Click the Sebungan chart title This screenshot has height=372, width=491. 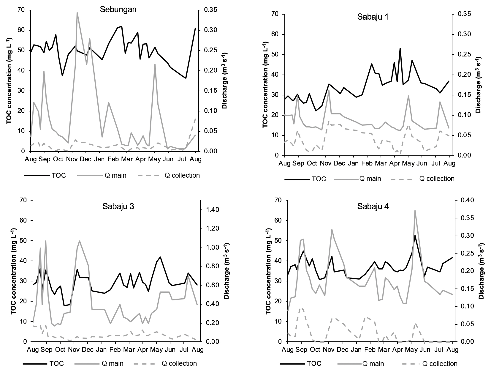coord(118,9)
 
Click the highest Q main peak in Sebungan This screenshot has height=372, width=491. coord(77,13)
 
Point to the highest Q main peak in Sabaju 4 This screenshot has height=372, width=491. coord(415,211)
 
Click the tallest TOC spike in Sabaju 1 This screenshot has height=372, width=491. coord(400,48)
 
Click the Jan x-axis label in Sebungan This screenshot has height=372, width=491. coord(99,159)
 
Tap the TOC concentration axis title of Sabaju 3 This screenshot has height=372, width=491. coord(14,271)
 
